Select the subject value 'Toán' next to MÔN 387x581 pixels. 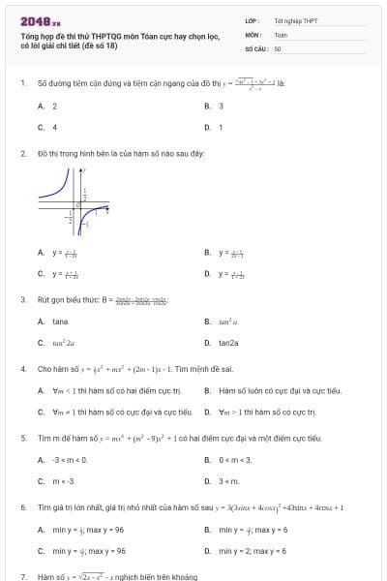pyautogui.click(x=281, y=34)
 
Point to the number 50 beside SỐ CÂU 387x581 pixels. pyautogui.click(x=278, y=47)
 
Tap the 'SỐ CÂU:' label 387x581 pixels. pyautogui.click(x=256, y=47)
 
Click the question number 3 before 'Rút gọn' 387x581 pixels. pyautogui.click(x=22, y=299)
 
